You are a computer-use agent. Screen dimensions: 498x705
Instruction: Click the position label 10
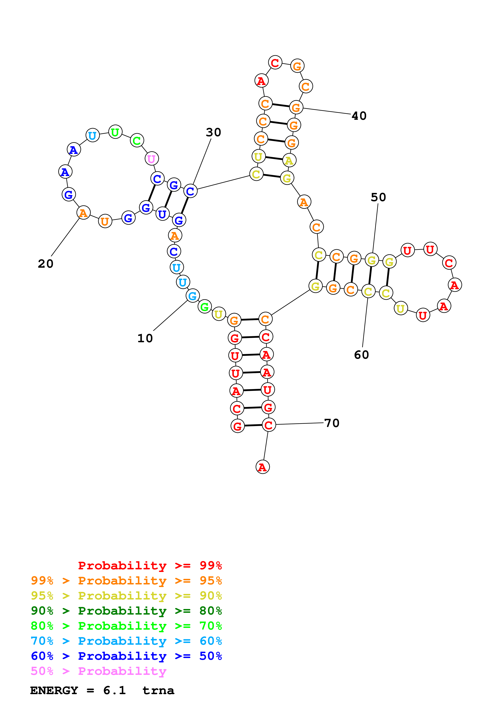(145, 338)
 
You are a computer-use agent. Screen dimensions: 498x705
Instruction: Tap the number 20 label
(45, 263)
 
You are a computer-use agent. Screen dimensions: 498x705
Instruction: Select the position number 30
(213, 132)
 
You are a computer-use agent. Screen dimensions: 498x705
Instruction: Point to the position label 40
(359, 116)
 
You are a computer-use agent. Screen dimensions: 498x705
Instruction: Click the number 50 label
(378, 197)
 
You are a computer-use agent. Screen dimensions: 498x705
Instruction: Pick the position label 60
(361, 355)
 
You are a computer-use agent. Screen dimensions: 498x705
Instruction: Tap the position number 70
(332, 423)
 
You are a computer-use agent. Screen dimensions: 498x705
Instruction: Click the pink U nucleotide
(151, 159)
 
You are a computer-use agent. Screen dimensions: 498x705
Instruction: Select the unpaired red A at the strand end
(262, 467)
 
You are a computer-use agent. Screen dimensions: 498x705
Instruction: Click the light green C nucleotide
(137, 141)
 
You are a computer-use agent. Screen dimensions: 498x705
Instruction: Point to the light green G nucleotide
(204, 306)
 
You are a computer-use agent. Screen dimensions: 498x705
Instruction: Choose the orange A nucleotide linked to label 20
(83, 213)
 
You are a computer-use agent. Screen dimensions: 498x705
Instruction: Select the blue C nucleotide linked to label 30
(190, 191)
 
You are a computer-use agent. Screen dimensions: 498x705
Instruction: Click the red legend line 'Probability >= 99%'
(150, 566)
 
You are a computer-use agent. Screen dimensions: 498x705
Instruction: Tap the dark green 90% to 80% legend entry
(126, 611)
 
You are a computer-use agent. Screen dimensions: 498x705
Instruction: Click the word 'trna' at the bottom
(158, 691)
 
